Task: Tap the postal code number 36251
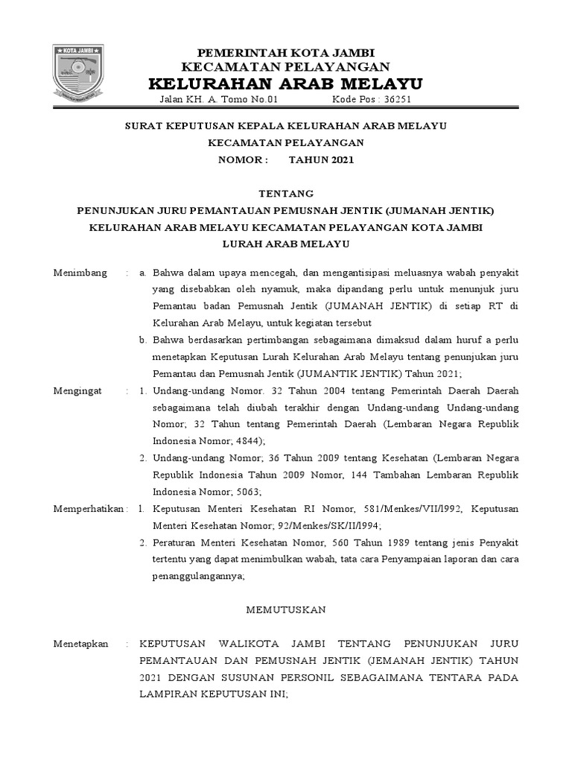tap(395, 100)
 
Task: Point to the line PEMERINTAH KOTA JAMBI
tap(285, 51)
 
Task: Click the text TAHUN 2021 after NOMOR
tap(322, 159)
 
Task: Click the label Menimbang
tap(80, 273)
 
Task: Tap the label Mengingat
tap(79, 390)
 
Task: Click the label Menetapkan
tap(81, 643)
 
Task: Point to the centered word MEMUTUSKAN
tap(286, 610)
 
